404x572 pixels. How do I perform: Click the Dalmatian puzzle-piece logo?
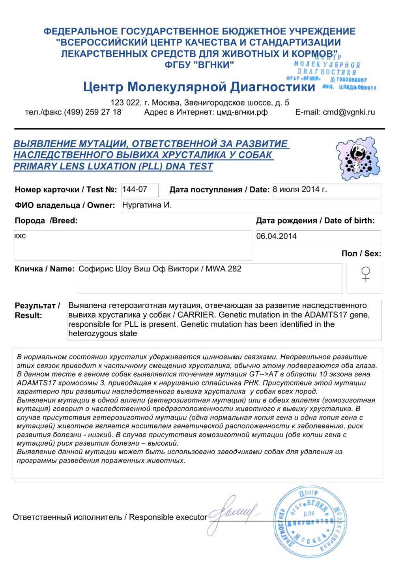(x=358, y=158)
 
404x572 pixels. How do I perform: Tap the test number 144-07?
(x=135, y=190)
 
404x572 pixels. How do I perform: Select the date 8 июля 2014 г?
(x=300, y=190)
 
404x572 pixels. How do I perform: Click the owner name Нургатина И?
(x=147, y=205)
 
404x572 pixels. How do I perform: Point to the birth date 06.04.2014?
(x=277, y=236)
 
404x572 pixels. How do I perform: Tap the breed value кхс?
(x=20, y=236)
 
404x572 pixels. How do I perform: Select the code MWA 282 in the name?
(x=223, y=269)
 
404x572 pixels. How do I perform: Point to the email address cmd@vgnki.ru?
(x=349, y=112)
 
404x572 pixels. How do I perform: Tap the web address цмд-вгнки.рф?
(x=242, y=112)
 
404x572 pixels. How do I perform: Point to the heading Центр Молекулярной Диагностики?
(x=199, y=87)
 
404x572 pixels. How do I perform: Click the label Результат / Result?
(x=37, y=310)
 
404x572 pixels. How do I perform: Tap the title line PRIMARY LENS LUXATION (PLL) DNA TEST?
(x=113, y=166)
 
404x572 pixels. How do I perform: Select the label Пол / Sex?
(x=361, y=254)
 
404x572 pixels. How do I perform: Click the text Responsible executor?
(x=168, y=517)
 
